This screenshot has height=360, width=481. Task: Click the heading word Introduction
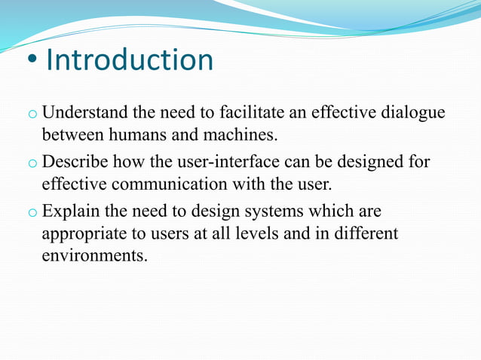130,60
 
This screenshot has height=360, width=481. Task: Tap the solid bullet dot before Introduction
29,63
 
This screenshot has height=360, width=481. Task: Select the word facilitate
250,114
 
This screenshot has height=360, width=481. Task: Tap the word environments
94,255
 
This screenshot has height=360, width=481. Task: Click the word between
69,136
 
